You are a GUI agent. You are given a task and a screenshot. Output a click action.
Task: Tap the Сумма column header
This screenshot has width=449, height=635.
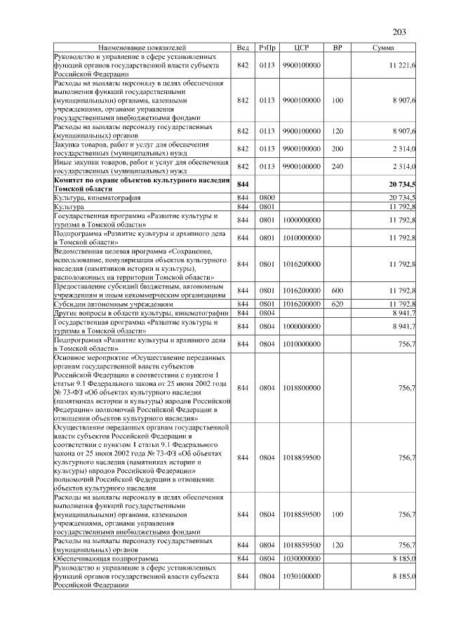[382, 47]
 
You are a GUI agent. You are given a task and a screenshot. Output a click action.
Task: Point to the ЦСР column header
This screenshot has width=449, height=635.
[302, 47]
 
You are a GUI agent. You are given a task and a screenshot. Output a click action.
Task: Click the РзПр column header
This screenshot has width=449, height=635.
[267, 47]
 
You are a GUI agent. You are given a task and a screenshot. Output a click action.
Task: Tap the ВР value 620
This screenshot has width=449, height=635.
[337, 304]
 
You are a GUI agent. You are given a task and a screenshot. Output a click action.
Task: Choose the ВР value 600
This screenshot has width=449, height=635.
[337, 290]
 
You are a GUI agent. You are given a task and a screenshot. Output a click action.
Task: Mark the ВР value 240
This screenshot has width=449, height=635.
[337, 166]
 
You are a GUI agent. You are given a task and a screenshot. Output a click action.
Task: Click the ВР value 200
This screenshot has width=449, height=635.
[337, 149]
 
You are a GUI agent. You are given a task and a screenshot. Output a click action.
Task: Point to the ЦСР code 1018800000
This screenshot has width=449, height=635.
[302, 387]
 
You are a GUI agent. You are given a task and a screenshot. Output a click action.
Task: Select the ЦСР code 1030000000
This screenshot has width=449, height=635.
[302, 558]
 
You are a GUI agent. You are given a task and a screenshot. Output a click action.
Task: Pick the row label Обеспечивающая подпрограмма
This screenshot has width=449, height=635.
[105, 558]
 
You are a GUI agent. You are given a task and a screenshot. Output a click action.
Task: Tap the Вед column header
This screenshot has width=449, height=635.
[243, 47]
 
